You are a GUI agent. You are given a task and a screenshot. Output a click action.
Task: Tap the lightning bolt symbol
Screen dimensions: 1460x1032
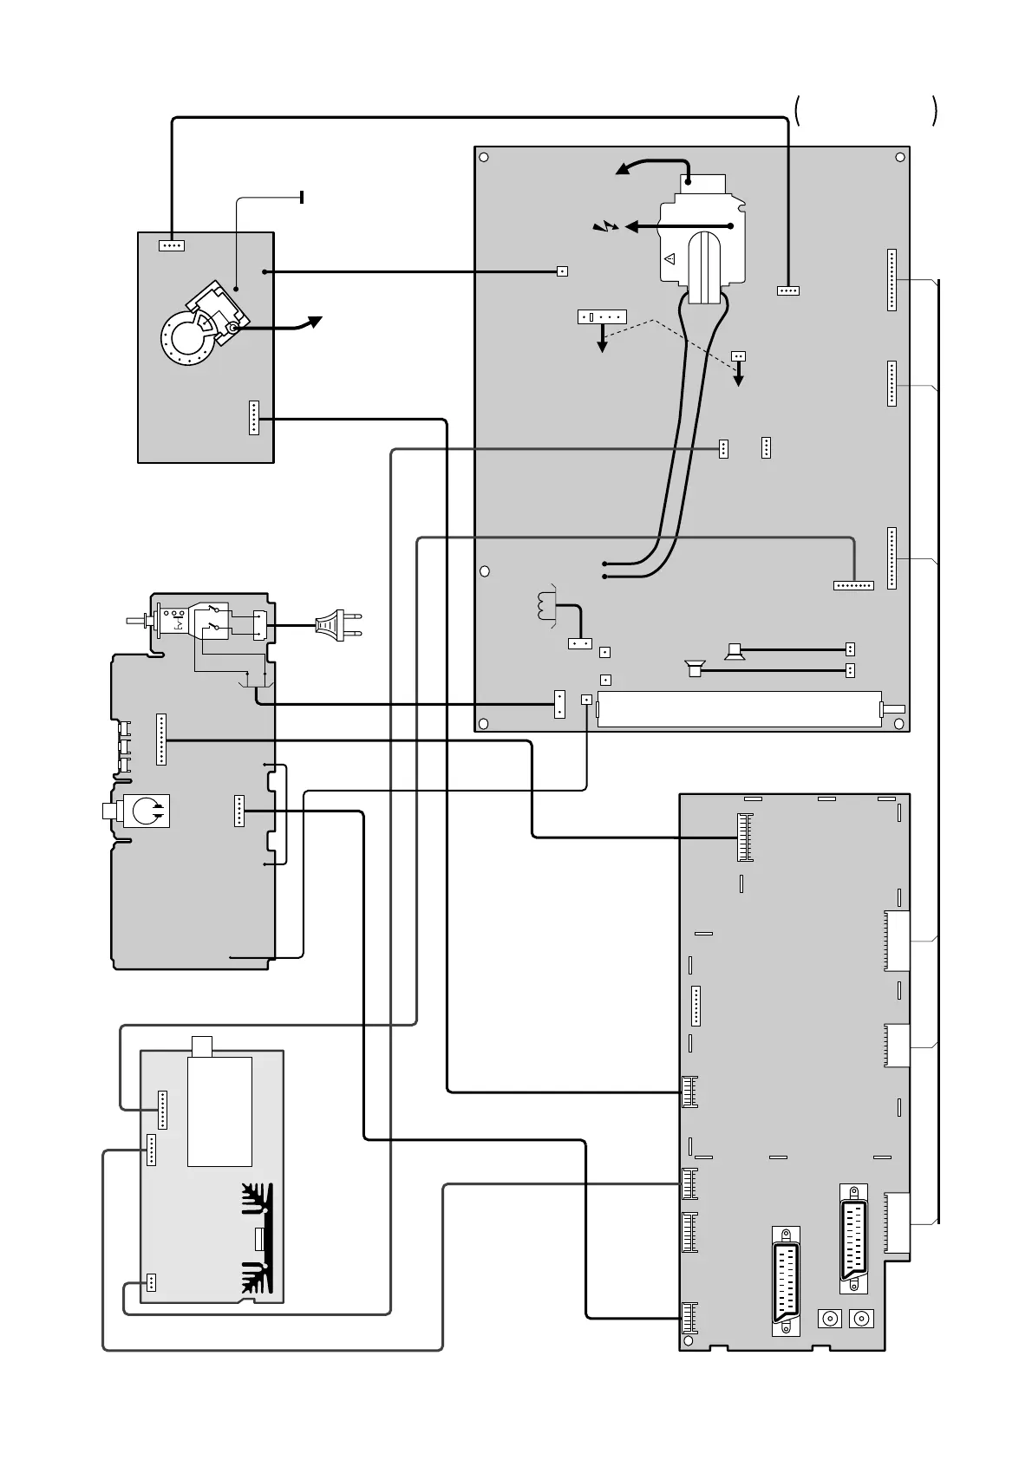(x=606, y=227)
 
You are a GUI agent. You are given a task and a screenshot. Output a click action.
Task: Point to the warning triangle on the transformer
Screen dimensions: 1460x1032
(x=669, y=258)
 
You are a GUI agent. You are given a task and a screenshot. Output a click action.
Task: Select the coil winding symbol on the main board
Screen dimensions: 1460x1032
(x=546, y=605)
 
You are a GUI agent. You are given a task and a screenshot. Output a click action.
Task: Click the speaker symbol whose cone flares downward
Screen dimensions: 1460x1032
(x=693, y=669)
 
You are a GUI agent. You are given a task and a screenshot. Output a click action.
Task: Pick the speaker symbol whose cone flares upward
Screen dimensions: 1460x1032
(x=735, y=650)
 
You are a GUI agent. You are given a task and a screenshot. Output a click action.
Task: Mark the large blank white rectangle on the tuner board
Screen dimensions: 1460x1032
(x=220, y=1111)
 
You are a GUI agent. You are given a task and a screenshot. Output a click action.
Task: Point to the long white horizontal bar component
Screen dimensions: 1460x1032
(x=740, y=708)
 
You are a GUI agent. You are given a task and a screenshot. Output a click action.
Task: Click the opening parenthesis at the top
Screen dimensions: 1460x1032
(x=797, y=111)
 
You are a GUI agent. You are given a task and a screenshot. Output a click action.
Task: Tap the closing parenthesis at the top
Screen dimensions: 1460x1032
(x=934, y=111)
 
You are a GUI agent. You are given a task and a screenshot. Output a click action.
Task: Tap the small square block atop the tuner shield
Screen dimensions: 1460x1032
(x=201, y=1046)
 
